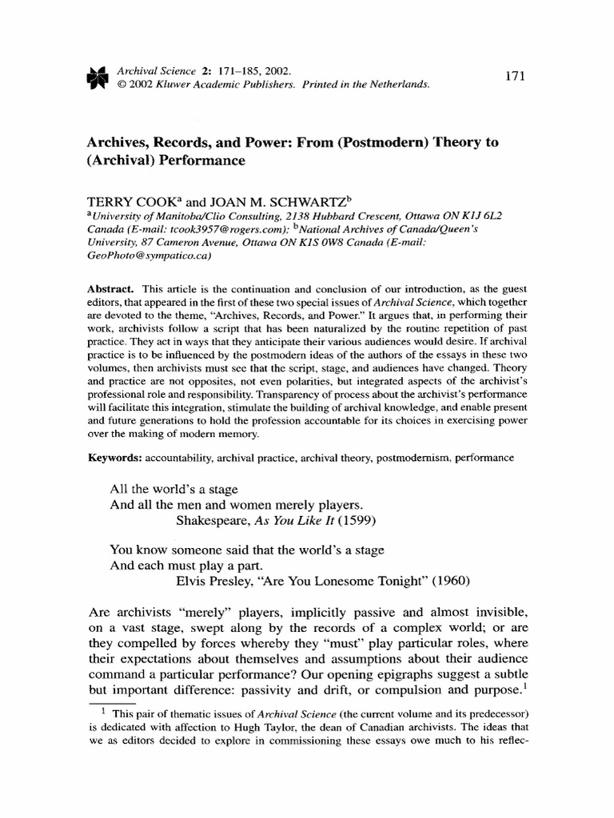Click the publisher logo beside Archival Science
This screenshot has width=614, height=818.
(95, 76)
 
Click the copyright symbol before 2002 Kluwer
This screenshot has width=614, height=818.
(122, 83)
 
